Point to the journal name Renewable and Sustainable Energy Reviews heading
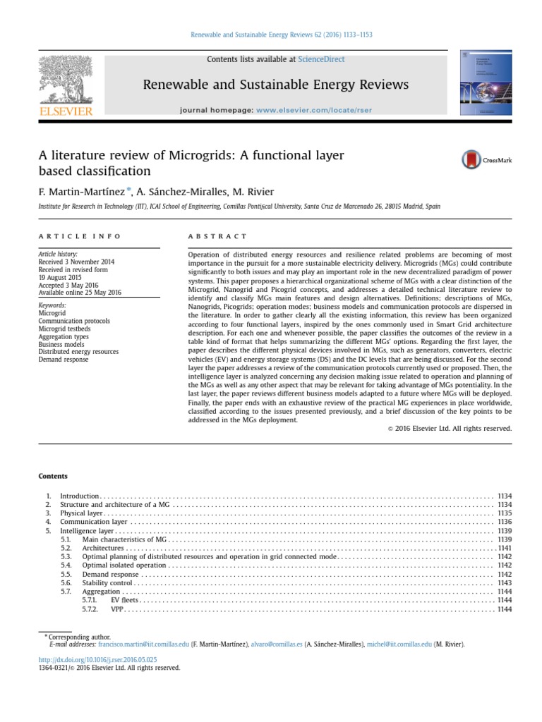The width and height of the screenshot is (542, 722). [276, 85]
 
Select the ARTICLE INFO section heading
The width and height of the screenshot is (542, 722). [80, 236]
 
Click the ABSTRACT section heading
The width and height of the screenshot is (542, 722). [218, 236]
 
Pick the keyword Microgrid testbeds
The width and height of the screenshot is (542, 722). [64, 328]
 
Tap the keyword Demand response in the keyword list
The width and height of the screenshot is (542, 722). [64, 359]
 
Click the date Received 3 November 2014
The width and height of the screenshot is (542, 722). [76, 262]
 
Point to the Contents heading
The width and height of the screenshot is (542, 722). [52, 476]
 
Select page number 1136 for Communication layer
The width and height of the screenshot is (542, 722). [504, 522]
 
